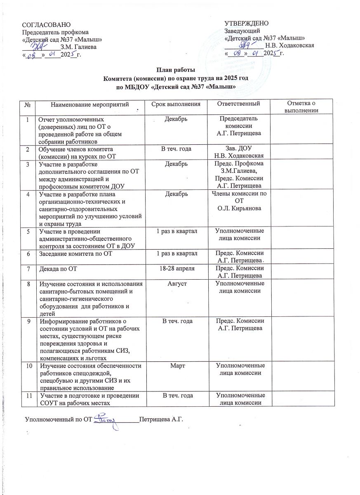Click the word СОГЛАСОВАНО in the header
point(43,26)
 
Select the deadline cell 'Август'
point(176,285)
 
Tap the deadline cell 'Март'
point(176,366)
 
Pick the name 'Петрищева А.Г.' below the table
point(160,420)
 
